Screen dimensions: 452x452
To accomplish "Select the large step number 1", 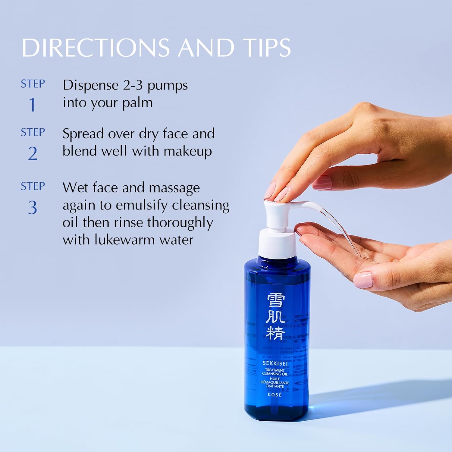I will coord(32,105).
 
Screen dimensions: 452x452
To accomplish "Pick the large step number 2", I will coord(33,154).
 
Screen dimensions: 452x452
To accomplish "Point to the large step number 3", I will coord(33,208).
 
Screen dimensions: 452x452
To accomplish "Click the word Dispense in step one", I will coord(90,85).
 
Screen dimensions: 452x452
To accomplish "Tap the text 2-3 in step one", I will coord(133,85).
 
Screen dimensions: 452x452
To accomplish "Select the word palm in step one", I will coord(137,103).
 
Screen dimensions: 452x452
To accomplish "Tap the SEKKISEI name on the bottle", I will coord(275,363).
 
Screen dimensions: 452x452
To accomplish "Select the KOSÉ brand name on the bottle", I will coord(275,395).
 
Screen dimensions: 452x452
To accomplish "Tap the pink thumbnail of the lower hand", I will coord(363,279).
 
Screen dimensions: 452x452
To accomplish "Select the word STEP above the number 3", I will coord(33,186).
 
